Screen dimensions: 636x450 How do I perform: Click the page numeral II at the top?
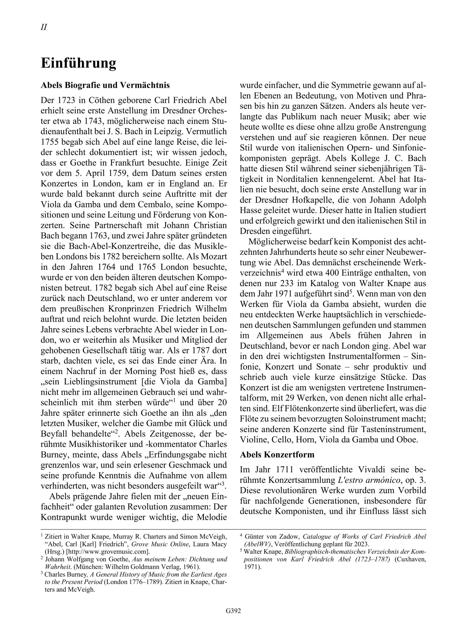pos(44,27)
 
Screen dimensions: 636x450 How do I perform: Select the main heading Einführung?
pos(79,63)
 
